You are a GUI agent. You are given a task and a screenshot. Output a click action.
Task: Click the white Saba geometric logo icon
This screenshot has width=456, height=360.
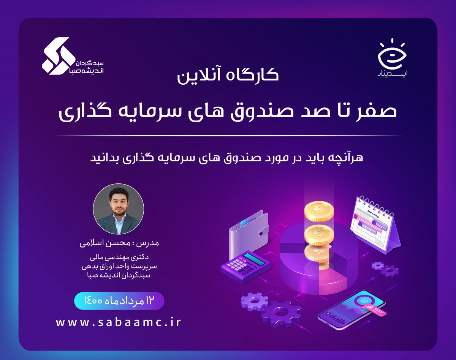(56, 55)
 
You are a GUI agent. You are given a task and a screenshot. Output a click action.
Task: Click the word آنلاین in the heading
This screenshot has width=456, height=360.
(198, 74)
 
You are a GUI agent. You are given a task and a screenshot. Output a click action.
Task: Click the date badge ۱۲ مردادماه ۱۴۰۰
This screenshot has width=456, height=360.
(119, 301)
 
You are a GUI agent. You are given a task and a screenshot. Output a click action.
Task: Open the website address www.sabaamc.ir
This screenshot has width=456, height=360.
(119, 322)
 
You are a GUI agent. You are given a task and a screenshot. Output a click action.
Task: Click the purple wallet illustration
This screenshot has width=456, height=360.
(249, 232)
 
